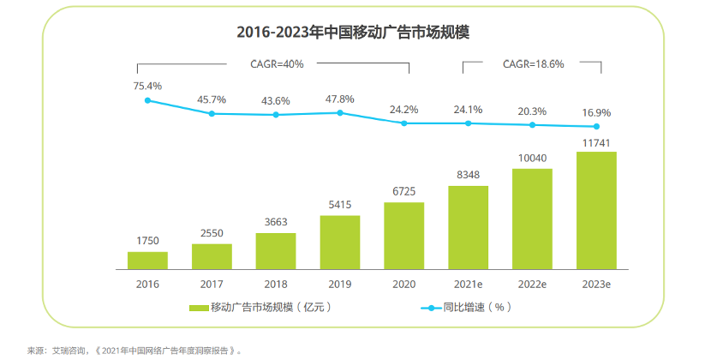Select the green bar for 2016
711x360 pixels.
[x=147, y=260]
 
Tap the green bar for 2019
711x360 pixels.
[x=340, y=242]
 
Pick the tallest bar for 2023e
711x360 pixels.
[x=596, y=210]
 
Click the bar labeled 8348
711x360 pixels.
[x=468, y=226]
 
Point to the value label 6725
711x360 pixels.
[x=403, y=190]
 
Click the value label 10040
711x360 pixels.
[x=532, y=157]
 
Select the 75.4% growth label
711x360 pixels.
[x=147, y=86]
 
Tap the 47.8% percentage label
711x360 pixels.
[x=340, y=98]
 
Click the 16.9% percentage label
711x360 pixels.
[x=596, y=111]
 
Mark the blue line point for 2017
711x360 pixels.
[x=212, y=113]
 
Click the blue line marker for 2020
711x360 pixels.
[x=404, y=123]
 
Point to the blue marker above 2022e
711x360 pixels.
[x=532, y=125]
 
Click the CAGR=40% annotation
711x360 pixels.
[x=277, y=63]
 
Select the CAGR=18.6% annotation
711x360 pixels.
[x=532, y=63]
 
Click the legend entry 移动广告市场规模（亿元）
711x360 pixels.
[x=260, y=307]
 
